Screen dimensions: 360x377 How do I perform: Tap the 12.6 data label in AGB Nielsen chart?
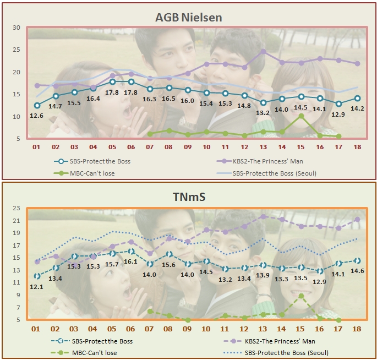tap(37, 116)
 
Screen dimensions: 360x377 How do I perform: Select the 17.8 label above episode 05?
tap(112, 92)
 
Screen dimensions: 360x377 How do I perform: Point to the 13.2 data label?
tap(263, 113)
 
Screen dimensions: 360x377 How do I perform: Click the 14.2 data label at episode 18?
tap(358, 108)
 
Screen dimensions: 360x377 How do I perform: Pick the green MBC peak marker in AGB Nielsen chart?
tap(300, 116)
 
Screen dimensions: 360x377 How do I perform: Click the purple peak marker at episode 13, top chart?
tap(263, 52)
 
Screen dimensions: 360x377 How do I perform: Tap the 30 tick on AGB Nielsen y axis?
tap(16, 28)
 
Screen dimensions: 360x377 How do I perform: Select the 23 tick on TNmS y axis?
tap(16, 208)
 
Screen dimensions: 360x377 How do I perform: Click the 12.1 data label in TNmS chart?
tap(37, 287)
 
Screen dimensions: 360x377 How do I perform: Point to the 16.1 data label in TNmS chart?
tap(131, 262)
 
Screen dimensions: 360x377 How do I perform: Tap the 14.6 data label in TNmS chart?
tap(358, 271)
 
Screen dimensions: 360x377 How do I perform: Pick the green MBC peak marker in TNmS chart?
tap(300, 296)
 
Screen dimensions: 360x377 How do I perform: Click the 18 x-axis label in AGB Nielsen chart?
tap(358, 148)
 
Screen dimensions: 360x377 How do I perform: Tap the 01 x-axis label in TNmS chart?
tap(37, 328)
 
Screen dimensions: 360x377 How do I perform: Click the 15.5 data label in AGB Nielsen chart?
tap(75, 103)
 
